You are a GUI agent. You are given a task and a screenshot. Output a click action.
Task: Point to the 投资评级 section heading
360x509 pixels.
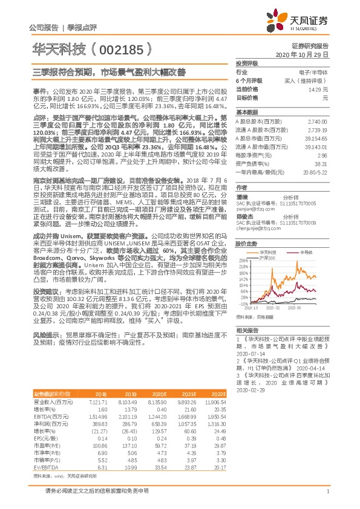coord(247,63)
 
